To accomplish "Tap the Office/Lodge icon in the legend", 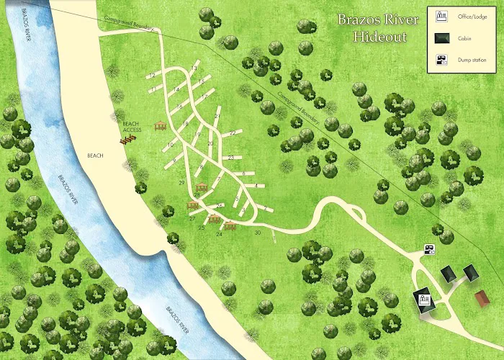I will [x=441, y=16].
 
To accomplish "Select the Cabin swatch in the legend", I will [x=441, y=39].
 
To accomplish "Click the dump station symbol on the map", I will [x=429, y=249].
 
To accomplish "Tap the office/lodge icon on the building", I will [x=424, y=298].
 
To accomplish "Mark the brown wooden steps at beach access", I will [x=127, y=139].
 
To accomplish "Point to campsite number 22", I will [x=233, y=133].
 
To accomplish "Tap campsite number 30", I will [x=257, y=232].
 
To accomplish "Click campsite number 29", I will [x=182, y=183].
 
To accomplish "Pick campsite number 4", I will [x=256, y=186].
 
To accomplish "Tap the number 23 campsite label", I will [x=230, y=157].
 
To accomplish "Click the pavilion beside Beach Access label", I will [x=161, y=126].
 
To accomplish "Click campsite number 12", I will [x=153, y=75].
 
